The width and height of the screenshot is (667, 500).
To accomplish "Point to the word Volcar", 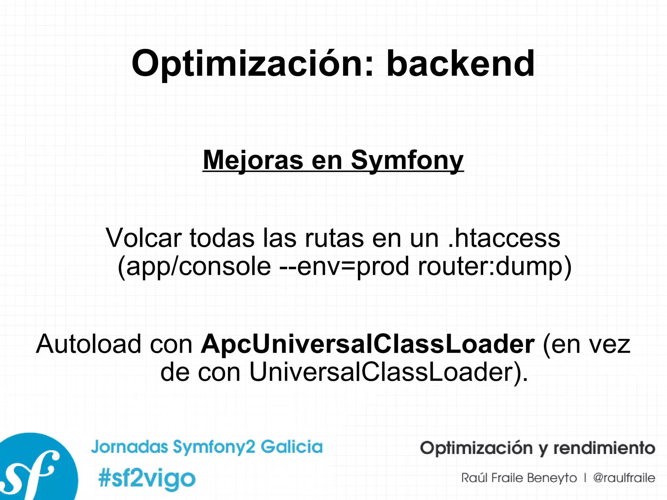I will point(143,238).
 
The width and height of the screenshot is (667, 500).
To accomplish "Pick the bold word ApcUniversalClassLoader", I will point(367,344).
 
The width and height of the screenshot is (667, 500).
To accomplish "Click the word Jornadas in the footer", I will point(129,447).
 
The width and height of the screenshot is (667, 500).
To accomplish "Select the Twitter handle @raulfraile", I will point(624,478).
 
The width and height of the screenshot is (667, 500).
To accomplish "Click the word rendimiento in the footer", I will point(604,448).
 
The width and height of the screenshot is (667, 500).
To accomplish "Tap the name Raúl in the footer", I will point(474,478).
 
